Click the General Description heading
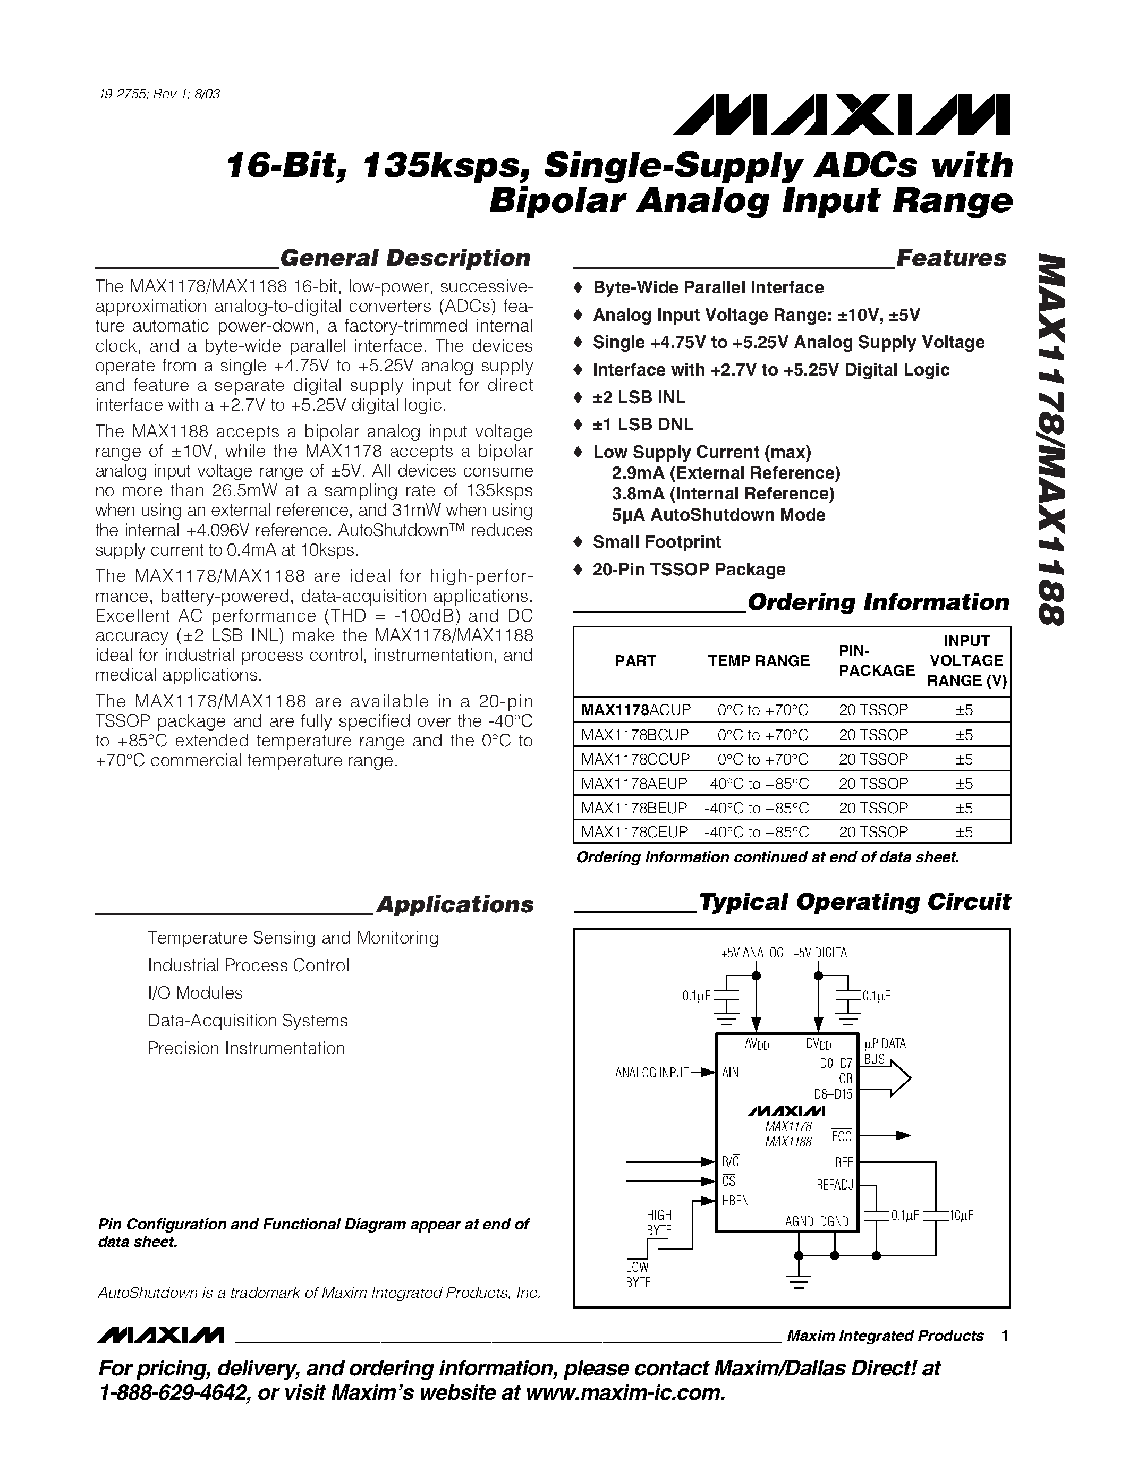coord(405,258)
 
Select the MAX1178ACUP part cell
coord(635,710)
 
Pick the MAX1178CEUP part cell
coord(634,832)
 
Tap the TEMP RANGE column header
coord(759,661)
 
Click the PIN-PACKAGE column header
coord(876,661)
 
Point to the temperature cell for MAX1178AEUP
coord(757,783)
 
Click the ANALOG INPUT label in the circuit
coord(651,1073)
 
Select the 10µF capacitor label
coord(961,1215)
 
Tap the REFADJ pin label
coord(834,1185)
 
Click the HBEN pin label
coord(735,1201)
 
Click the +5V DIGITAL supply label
coord(822,953)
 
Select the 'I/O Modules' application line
coord(196,993)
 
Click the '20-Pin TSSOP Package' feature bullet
coord(689,570)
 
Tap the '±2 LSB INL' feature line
coord(639,397)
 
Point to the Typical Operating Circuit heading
coord(854,902)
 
